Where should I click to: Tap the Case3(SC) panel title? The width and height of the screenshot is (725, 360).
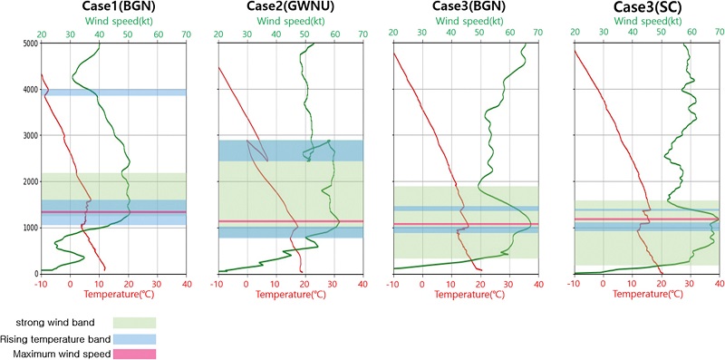pyautogui.click(x=650, y=8)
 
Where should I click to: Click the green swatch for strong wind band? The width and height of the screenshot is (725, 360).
pyautogui.click(x=134, y=322)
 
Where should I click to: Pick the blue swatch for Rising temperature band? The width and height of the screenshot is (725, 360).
pyautogui.click(x=134, y=338)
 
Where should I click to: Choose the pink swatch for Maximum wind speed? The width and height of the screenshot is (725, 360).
pyautogui.click(x=134, y=355)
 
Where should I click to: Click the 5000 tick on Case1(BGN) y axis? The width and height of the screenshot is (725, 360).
pyautogui.click(x=29, y=44)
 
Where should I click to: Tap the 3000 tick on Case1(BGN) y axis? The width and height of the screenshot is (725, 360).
pyautogui.click(x=29, y=135)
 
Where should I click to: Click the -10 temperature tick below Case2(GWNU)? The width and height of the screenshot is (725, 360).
pyautogui.click(x=217, y=282)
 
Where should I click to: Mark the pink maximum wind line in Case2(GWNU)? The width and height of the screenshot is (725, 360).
pyautogui.click(x=290, y=221)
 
